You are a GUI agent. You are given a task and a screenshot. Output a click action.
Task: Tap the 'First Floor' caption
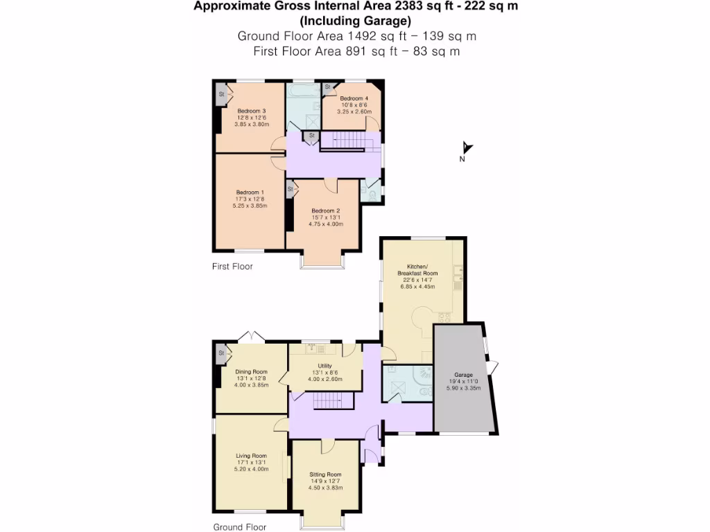click(232, 266)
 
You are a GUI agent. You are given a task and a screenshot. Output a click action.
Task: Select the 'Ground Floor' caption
click(239, 527)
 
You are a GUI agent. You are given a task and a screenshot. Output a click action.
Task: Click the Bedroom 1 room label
click(250, 192)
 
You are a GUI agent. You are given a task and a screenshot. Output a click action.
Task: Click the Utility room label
click(325, 366)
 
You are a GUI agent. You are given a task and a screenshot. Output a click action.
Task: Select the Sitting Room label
click(325, 475)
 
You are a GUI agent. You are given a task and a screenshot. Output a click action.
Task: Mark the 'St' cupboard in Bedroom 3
click(222, 94)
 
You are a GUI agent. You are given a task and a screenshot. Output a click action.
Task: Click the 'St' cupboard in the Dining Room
click(222, 353)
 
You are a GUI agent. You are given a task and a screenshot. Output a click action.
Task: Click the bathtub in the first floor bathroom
click(302, 90)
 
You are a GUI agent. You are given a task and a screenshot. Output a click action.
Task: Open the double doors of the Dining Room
click(251, 337)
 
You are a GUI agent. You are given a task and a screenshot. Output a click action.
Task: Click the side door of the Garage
click(492, 367)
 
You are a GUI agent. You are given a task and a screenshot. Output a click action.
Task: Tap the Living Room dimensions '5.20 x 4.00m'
click(252, 469)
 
